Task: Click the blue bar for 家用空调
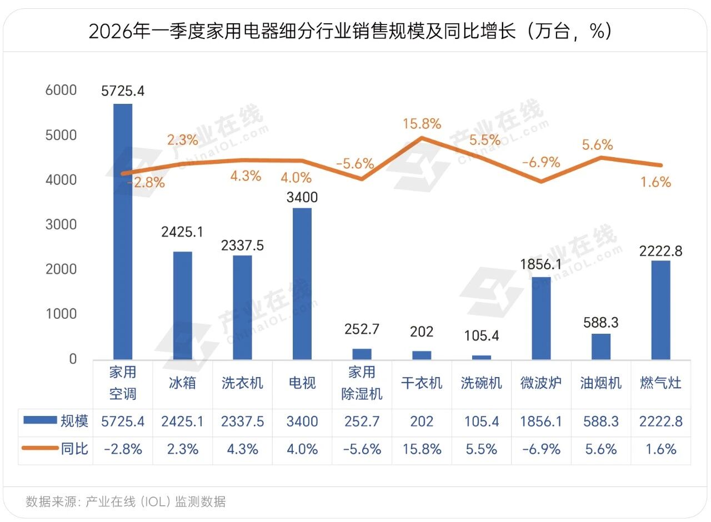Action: point(123,232)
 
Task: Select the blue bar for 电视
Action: point(302,284)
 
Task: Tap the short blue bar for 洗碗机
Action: point(481,357)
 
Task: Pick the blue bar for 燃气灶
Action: point(660,310)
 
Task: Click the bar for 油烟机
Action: point(601,347)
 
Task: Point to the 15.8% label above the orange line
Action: point(422,123)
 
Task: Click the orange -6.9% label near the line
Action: point(541,162)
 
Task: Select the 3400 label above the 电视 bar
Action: point(302,197)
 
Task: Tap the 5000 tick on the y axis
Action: point(61,135)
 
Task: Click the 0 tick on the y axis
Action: point(73,359)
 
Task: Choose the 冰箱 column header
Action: point(182,383)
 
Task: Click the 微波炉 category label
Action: point(541,383)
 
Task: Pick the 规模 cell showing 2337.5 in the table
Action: point(242,421)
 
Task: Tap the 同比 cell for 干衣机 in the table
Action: point(422,449)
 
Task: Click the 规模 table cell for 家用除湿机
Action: point(362,421)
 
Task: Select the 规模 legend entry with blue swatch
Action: point(56,421)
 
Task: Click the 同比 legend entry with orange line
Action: point(55,449)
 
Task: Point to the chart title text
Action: point(351,31)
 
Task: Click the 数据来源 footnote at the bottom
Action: point(126,501)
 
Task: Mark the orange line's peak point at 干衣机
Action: point(422,137)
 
